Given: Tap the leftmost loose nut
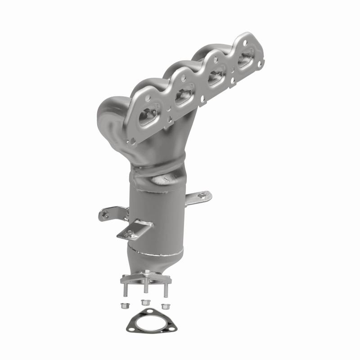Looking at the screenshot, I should [124, 306].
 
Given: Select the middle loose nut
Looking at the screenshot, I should [144, 302].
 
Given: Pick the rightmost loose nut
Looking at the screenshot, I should [165, 306].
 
